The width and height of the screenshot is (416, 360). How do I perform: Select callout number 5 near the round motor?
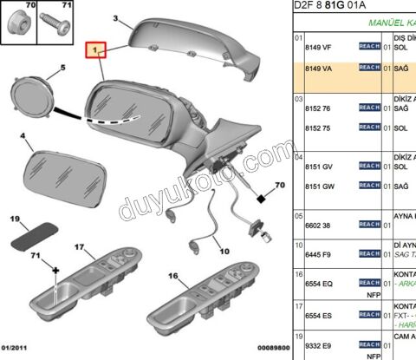click(x=62, y=67)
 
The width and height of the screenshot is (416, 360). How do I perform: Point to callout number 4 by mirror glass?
click(x=23, y=136)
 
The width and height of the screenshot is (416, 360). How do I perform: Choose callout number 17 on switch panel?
click(x=77, y=247)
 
